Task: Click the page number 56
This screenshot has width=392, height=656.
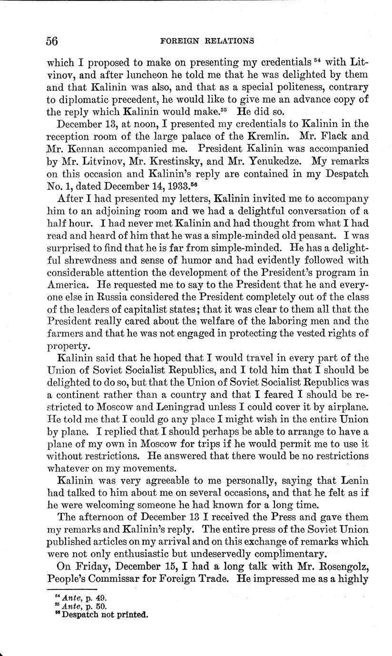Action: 52,41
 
